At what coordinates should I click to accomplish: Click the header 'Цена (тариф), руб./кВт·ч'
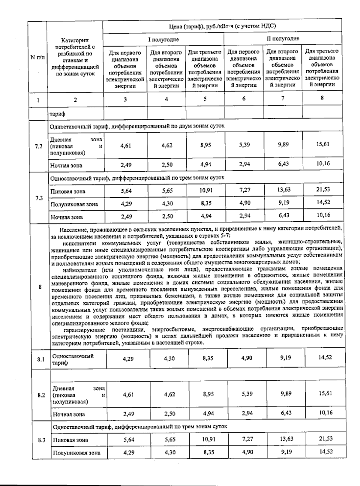[222, 26]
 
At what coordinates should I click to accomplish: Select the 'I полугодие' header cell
[163, 39]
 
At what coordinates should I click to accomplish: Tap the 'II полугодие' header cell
[283, 39]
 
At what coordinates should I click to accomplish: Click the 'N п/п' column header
[37, 57]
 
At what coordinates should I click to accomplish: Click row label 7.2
[39, 146]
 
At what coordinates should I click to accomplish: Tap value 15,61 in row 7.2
[322, 144]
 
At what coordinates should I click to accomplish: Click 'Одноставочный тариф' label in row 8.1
[73, 359]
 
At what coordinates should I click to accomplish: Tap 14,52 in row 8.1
[325, 358]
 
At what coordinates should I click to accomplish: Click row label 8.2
[41, 395]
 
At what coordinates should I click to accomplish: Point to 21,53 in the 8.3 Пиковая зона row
[326, 438]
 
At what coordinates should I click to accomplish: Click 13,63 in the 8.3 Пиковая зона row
[286, 439]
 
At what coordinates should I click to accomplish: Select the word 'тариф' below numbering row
[58, 114]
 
